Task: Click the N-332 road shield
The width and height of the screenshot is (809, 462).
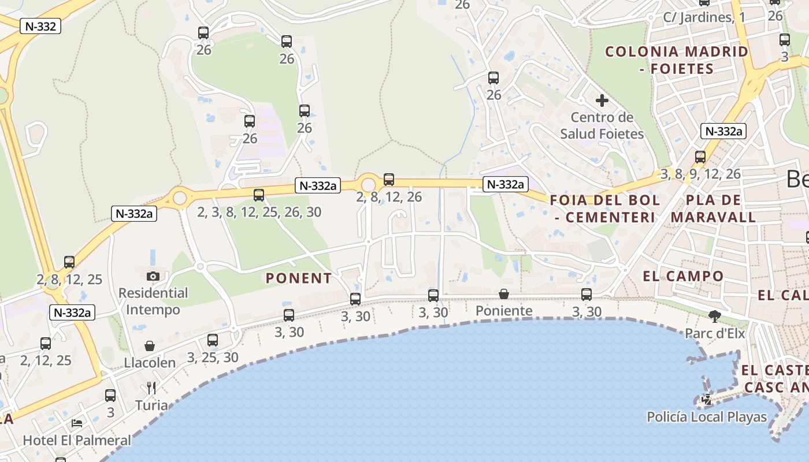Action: (x=40, y=26)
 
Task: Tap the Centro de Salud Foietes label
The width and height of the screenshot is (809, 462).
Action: (x=602, y=126)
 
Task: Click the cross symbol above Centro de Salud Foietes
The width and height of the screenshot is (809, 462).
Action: (x=602, y=100)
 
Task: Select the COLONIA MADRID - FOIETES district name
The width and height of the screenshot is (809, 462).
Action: (x=677, y=60)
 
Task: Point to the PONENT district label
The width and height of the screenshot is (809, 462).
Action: (x=299, y=278)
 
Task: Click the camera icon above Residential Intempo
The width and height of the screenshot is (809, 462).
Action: (x=153, y=276)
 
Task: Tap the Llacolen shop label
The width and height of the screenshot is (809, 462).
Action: (x=150, y=363)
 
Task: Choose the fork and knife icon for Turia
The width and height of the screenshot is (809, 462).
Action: (x=151, y=388)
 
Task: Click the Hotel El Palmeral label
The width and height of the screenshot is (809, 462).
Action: (x=77, y=440)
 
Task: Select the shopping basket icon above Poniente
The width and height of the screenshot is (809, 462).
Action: (x=504, y=294)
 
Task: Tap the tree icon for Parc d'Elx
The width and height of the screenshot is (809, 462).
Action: (x=715, y=316)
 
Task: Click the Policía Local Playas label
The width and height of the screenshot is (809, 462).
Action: (x=706, y=417)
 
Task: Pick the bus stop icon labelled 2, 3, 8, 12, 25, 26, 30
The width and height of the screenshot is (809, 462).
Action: (x=259, y=195)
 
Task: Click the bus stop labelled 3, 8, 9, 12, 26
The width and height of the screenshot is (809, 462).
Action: (x=700, y=157)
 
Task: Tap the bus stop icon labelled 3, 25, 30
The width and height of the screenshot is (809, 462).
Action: (x=213, y=340)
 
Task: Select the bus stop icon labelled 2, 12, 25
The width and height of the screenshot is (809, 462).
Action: (x=46, y=344)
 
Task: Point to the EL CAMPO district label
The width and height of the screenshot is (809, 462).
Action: (x=683, y=276)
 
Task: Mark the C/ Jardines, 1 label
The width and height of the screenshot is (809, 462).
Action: (x=704, y=17)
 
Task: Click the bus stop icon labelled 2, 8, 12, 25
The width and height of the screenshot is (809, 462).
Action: (x=69, y=262)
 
